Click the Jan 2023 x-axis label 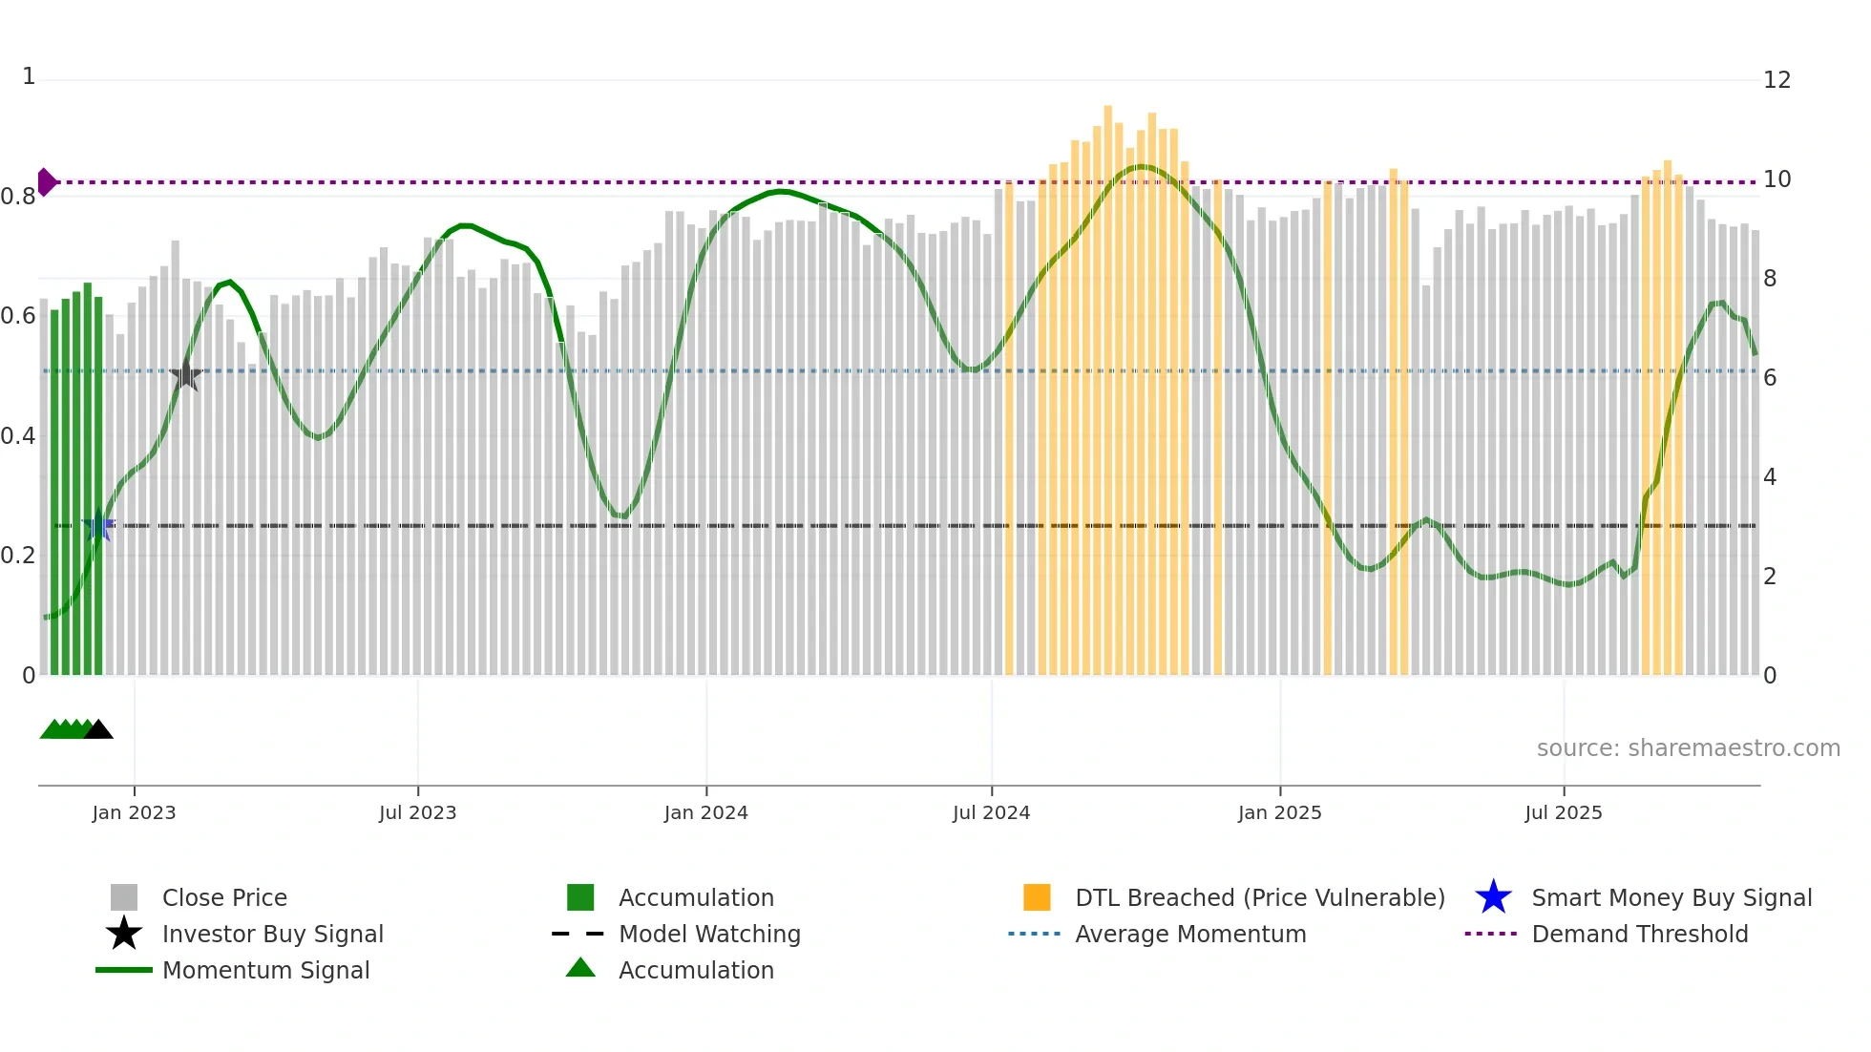134,812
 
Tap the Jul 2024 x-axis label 991,812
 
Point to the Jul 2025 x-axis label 1563,812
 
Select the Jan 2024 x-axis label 705,812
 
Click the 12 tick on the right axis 1776,80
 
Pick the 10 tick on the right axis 1776,179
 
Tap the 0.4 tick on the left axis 18,436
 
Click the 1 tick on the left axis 29,76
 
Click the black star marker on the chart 186,376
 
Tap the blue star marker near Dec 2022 98,525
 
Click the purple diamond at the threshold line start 46,181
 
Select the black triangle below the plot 98,729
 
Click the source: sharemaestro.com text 1688,748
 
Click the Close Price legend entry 224,897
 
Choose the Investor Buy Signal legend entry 272,934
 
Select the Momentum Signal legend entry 265,970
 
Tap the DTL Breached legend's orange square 1036,897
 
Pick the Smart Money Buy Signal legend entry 1671,897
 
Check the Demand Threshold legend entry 1639,934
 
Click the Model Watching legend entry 708,934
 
